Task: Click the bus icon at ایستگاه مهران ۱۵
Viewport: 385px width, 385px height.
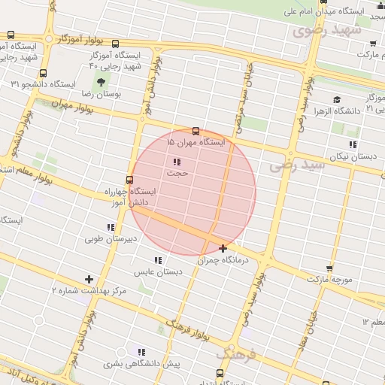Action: click(x=196, y=131)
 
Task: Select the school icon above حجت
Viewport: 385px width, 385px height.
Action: click(x=177, y=162)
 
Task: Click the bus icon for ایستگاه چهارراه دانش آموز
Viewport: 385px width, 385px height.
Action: click(x=130, y=180)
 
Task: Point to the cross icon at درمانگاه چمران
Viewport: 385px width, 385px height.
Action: click(x=223, y=248)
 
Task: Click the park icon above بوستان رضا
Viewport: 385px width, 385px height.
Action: click(x=100, y=81)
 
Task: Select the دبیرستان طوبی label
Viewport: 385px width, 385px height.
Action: click(x=111, y=239)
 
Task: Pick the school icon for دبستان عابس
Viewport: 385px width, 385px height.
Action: click(x=157, y=259)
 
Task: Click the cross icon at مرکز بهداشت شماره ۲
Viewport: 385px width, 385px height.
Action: click(x=89, y=279)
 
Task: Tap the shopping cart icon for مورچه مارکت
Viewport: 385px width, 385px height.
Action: click(x=329, y=268)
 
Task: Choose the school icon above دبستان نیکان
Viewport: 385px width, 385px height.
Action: click(x=352, y=144)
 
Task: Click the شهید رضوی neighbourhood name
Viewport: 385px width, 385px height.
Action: click(x=327, y=31)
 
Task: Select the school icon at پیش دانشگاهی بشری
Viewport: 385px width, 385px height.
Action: click(x=141, y=351)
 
